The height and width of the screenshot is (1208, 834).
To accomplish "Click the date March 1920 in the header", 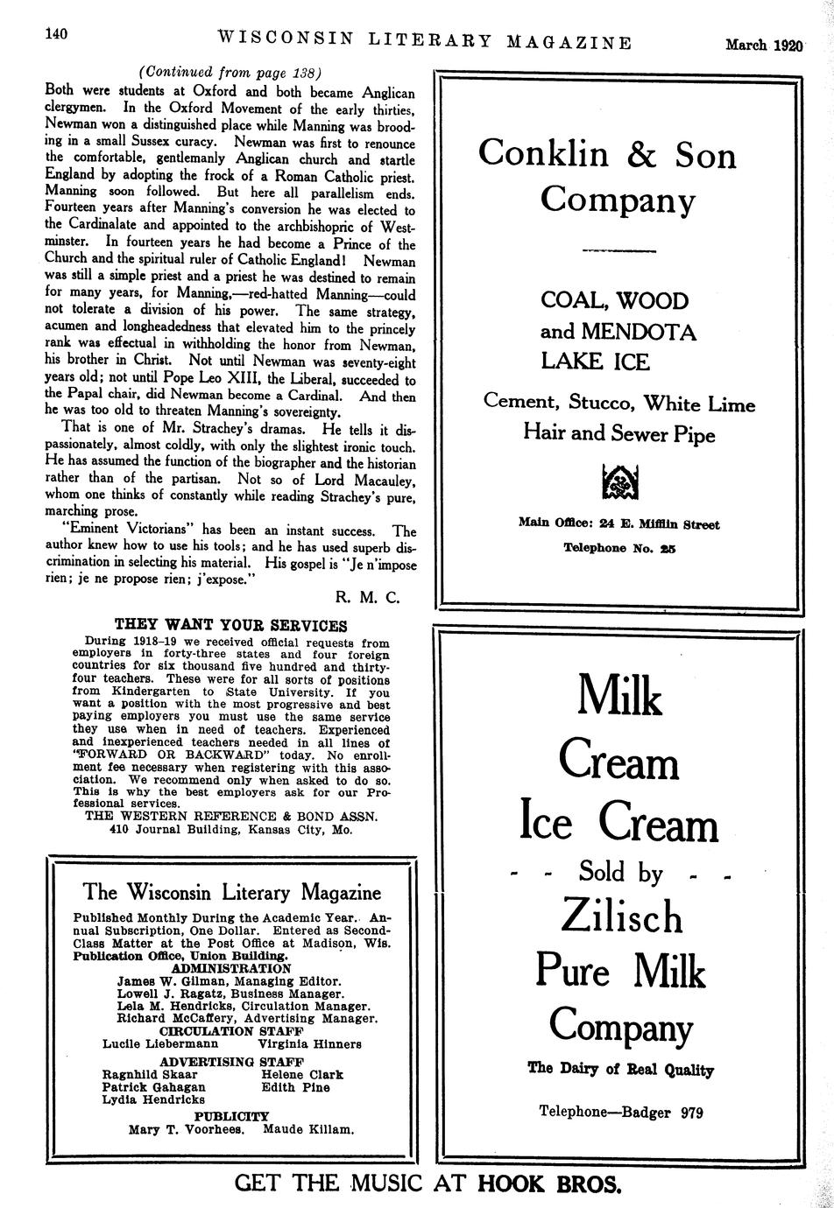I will tap(763, 46).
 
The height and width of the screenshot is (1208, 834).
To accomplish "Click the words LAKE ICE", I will tap(595, 361).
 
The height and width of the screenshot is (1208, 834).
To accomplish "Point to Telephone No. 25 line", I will tap(619, 548).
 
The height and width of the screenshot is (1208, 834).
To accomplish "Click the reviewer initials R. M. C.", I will tap(367, 597).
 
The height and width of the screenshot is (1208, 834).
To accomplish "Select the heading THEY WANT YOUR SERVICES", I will tap(231, 626).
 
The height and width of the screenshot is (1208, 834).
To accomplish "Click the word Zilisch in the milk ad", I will tap(620, 916).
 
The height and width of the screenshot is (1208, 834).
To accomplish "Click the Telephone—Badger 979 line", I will tap(620, 1112).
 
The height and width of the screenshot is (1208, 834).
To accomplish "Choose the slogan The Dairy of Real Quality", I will tap(620, 1069).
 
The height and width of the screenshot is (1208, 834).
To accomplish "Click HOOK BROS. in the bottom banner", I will tap(549, 1184).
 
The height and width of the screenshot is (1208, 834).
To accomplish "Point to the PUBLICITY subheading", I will tap(231, 1116).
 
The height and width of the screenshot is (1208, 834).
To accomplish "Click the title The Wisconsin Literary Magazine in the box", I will tap(232, 892).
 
